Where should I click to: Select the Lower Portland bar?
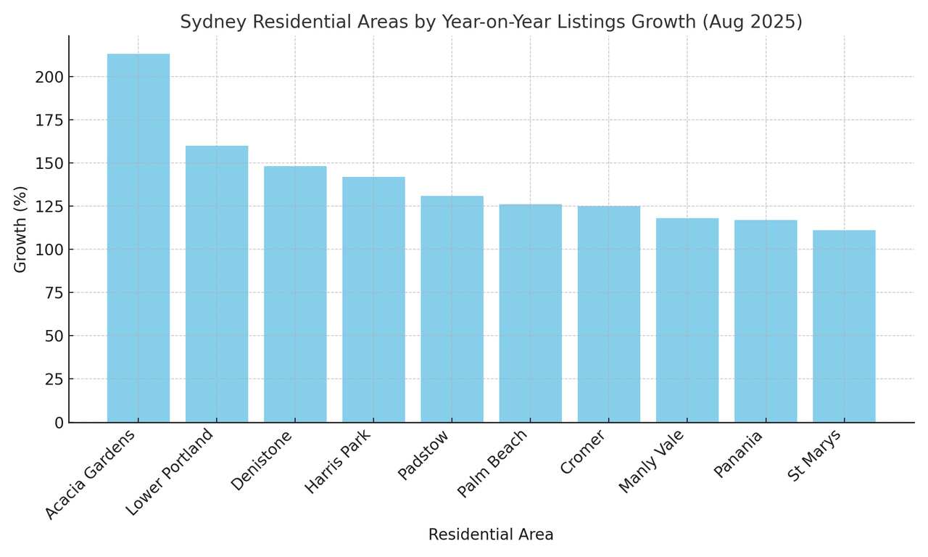point(217,284)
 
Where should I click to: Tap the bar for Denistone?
point(295,294)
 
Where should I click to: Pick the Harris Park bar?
point(373,300)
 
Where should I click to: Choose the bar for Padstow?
point(452,309)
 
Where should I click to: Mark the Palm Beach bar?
point(530,313)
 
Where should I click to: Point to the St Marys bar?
point(844,326)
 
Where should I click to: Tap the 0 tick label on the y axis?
point(59,423)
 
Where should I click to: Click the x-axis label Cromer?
point(583,453)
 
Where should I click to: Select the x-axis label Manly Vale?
point(651,462)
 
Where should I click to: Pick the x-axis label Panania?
point(738,454)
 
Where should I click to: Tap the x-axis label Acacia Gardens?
point(90,474)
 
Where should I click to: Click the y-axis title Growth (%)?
point(20,229)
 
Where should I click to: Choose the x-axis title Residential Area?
point(491,535)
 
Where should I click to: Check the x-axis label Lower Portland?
point(170,472)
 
